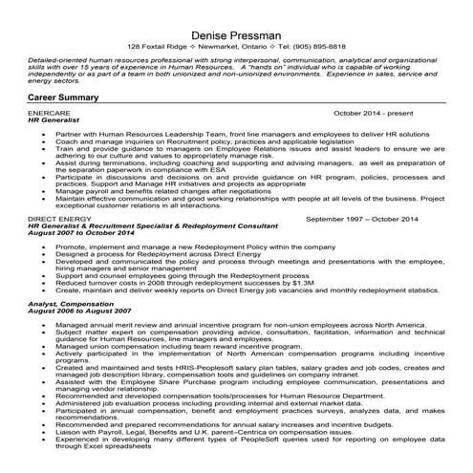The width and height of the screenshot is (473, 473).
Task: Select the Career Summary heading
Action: [64, 97]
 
